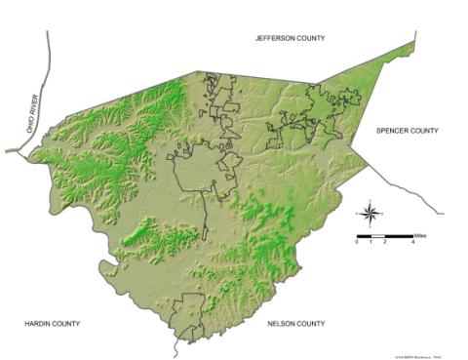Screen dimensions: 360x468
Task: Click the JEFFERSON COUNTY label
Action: click(x=290, y=38)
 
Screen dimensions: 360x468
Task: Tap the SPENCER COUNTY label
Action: click(x=409, y=130)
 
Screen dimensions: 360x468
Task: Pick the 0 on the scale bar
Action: click(x=357, y=242)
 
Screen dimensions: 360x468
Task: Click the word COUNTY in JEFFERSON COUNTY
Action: click(x=309, y=38)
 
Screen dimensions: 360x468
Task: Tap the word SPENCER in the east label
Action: click(x=395, y=130)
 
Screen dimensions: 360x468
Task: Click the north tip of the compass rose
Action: click(x=370, y=202)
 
